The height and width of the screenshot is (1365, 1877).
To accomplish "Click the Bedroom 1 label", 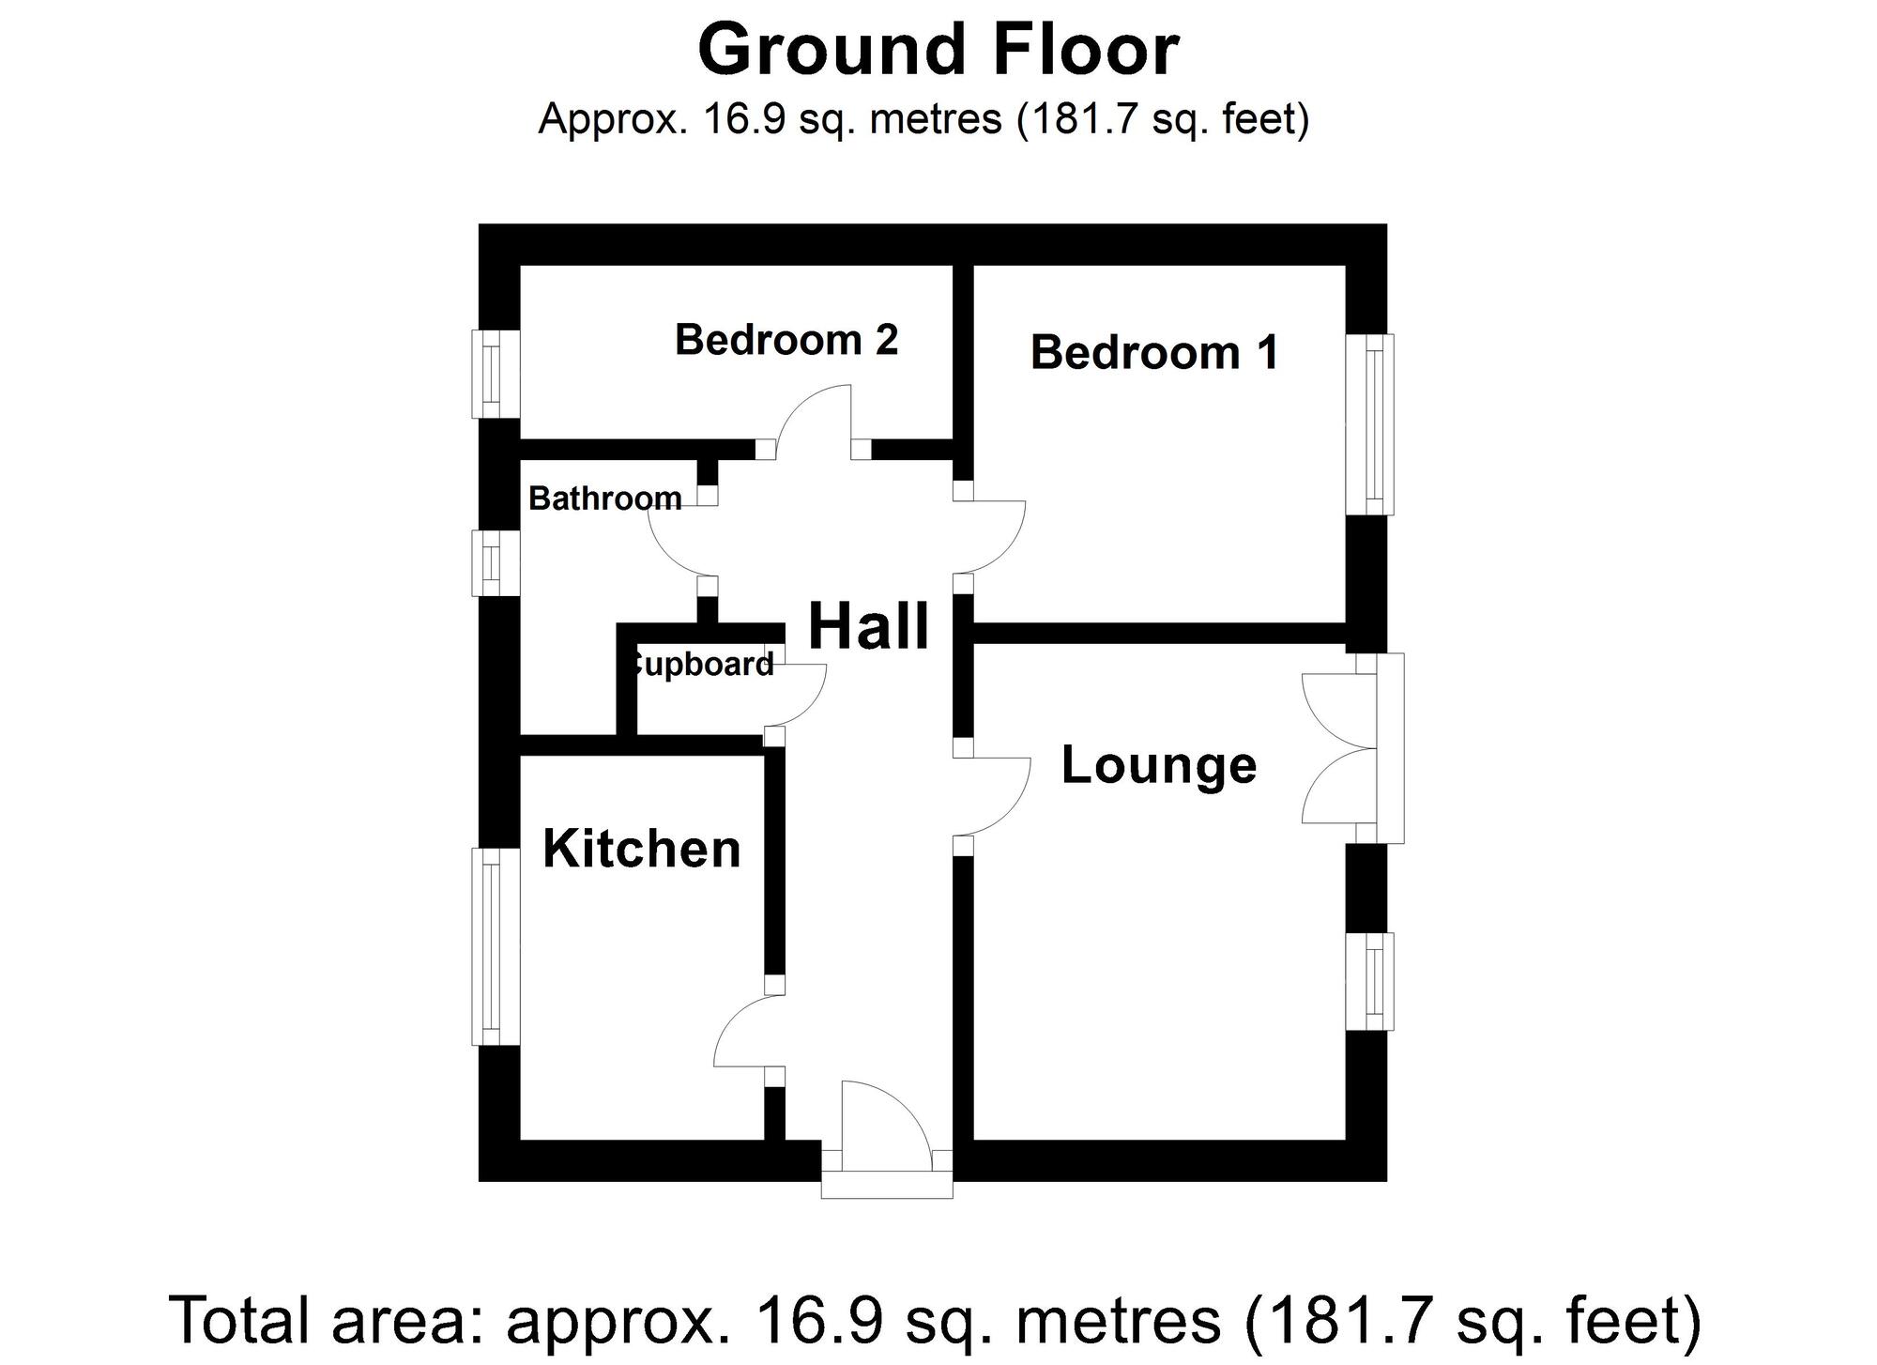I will click(x=1153, y=353).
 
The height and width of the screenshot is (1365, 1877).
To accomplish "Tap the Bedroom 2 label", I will click(x=786, y=340).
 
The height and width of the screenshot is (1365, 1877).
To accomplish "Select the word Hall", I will click(x=868, y=626).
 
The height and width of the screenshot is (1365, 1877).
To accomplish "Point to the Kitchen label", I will click(x=642, y=849).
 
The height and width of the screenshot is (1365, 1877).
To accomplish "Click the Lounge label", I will click(x=1158, y=765).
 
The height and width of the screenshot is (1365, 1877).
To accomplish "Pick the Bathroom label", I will click(x=605, y=498).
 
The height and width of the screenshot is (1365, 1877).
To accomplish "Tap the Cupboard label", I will click(x=702, y=665).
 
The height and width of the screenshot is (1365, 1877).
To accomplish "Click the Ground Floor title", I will click(x=937, y=49).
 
